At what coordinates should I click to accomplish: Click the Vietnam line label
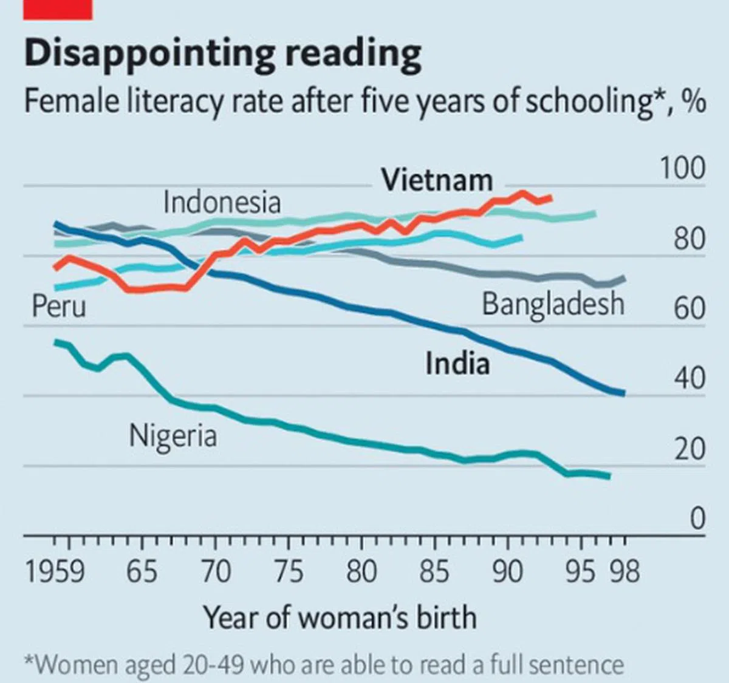click(437, 180)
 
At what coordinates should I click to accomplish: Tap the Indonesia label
click(222, 202)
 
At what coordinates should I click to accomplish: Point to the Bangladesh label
click(553, 304)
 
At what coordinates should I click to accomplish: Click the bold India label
click(457, 364)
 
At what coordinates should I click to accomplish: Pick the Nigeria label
click(173, 436)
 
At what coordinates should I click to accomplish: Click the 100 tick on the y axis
click(682, 168)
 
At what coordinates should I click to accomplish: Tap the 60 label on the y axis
click(689, 308)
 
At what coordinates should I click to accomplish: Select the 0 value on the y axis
click(697, 519)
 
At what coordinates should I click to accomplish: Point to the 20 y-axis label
click(689, 449)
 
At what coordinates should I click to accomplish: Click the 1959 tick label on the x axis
click(55, 572)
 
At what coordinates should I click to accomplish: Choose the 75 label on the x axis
click(288, 572)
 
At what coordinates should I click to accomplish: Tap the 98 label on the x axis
click(625, 572)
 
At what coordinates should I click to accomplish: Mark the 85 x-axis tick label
click(434, 572)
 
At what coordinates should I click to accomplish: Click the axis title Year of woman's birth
click(340, 617)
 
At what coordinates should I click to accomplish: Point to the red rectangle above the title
click(58, 10)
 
